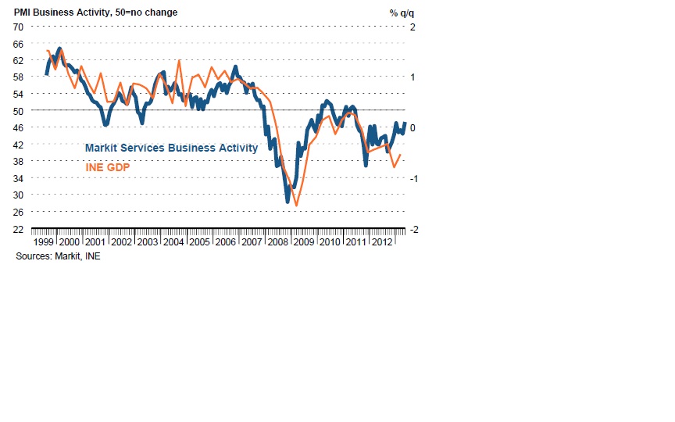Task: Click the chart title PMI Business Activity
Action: (x=95, y=13)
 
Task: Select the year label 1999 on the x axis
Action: (x=43, y=242)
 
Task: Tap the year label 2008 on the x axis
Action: (x=277, y=242)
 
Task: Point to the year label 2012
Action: (x=381, y=242)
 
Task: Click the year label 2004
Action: (x=173, y=242)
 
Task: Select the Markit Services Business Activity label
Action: (x=171, y=147)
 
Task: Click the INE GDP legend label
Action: (x=107, y=166)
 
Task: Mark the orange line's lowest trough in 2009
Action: (x=296, y=206)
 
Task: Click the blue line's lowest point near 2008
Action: (x=287, y=202)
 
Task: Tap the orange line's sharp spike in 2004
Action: (x=180, y=60)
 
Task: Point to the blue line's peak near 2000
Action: (x=60, y=48)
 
